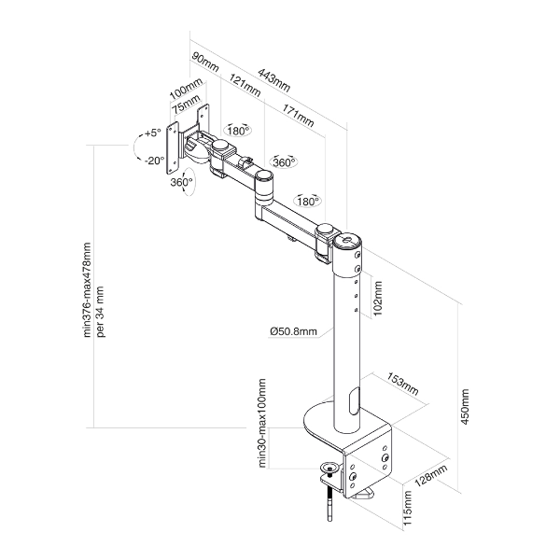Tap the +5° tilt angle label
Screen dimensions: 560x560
(153, 133)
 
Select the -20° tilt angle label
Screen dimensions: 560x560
(154, 160)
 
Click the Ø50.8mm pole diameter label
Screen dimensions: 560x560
(292, 330)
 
